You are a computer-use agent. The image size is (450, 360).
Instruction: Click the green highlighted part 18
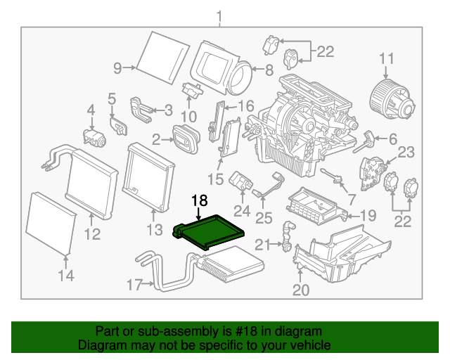(x=210, y=231)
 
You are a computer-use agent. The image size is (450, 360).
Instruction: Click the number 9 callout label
(x=118, y=67)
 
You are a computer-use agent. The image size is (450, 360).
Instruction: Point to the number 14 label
(x=65, y=276)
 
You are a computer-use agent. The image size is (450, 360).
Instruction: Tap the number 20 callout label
(x=300, y=289)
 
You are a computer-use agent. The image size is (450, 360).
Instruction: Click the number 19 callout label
(x=368, y=215)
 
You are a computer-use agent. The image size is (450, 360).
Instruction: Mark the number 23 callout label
(x=406, y=153)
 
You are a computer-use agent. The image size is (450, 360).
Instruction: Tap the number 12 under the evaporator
(x=94, y=233)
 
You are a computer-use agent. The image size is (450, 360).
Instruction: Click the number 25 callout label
(x=264, y=218)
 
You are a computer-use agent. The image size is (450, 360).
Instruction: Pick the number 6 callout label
(x=392, y=139)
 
